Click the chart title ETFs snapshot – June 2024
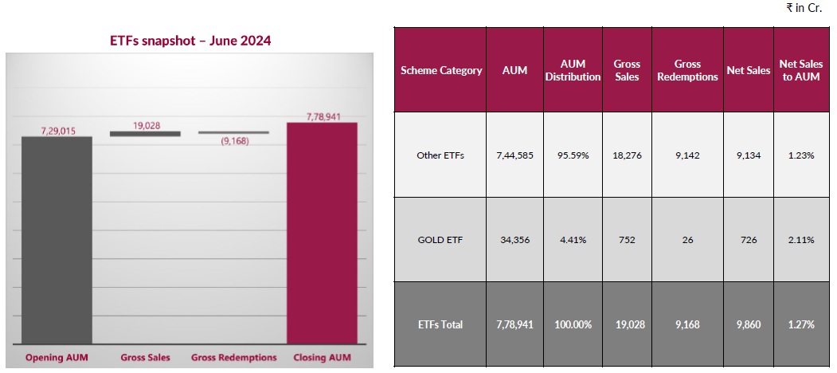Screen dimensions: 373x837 tap(190, 41)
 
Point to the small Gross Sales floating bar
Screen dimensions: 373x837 tap(145, 134)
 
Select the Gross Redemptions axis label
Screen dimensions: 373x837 tap(234, 358)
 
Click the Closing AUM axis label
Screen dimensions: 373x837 tap(321, 358)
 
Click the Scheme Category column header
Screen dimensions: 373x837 tap(441, 70)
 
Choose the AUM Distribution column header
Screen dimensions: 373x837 tap(573, 70)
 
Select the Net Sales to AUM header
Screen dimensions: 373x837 tap(800, 70)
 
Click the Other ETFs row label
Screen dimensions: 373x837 tap(440, 155)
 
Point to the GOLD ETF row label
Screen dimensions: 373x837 tap(440, 239)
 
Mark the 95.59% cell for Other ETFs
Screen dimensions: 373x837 tap(573, 155)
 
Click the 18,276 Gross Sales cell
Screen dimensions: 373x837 tap(627, 155)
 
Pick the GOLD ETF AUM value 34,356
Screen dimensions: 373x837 tap(515, 239)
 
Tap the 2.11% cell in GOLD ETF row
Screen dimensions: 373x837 tap(800, 239)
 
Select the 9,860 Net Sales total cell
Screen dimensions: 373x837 tap(748, 324)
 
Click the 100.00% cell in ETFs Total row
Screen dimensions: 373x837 tap(573, 324)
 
